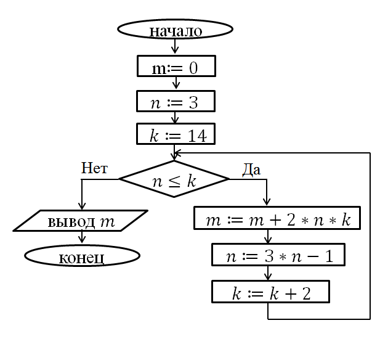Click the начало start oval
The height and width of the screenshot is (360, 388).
point(176,30)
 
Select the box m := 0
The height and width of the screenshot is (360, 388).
point(176,67)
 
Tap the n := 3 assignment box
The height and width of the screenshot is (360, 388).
point(176,101)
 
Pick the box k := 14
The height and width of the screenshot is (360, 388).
point(176,135)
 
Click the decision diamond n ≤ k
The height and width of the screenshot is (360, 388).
point(174,179)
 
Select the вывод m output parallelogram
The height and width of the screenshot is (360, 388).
point(81,221)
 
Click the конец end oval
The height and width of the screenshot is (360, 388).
point(82,256)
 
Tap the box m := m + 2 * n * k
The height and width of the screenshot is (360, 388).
point(277,219)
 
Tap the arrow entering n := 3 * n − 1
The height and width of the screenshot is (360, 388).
point(269,237)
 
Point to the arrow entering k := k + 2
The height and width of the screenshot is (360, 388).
point(269,274)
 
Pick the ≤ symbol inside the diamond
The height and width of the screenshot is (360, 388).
point(174,181)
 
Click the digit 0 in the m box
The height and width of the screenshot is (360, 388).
point(193,67)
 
